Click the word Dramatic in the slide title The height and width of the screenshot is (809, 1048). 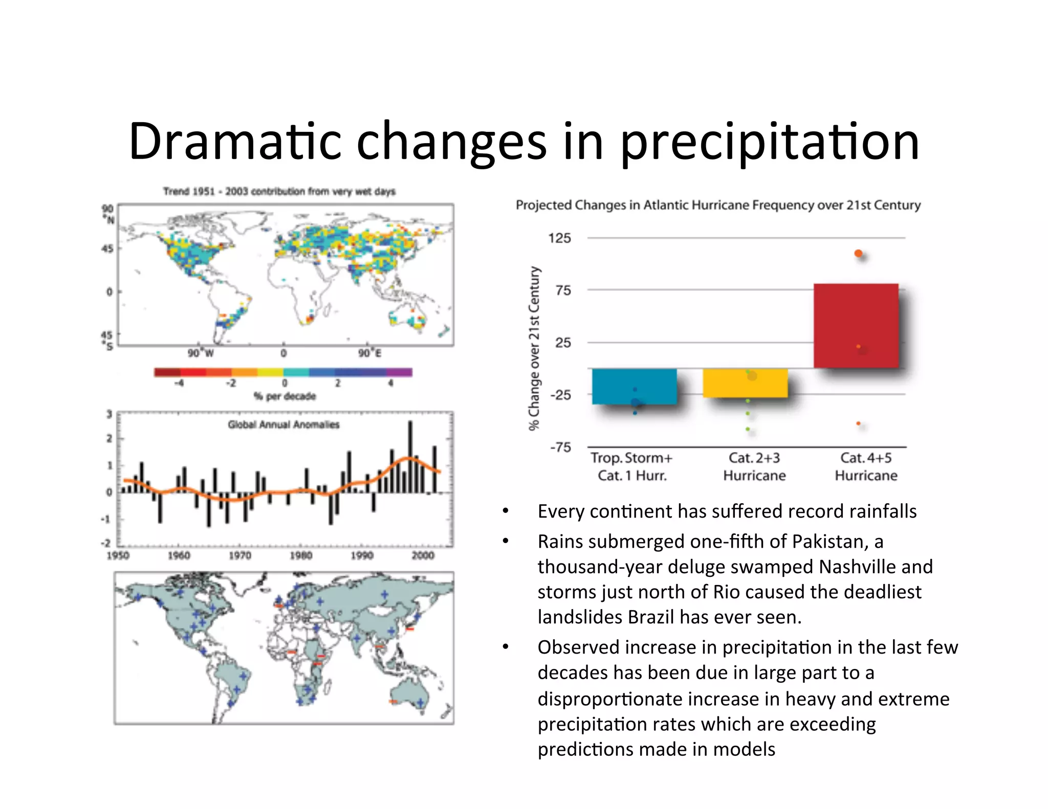coord(235,142)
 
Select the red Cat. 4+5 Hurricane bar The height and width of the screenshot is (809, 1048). coord(856,326)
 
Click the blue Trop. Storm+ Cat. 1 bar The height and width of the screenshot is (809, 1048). coord(634,386)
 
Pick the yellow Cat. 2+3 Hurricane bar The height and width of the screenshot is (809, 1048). coord(745,383)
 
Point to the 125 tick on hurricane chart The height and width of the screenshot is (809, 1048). coord(559,238)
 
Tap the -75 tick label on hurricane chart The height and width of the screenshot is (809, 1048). coord(560,447)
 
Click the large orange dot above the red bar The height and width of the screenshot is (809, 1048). coord(858,254)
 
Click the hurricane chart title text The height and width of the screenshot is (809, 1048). coord(717,205)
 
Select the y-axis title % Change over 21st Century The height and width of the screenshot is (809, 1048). coord(534,348)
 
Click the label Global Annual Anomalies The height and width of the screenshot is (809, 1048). coord(283,424)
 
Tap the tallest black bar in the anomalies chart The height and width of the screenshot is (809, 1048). coord(410,456)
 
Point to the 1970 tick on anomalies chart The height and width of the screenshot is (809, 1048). coord(239,555)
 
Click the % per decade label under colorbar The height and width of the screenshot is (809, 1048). coord(285,396)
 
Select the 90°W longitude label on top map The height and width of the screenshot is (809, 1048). coord(200,353)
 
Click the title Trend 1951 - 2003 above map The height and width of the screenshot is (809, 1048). coord(279,191)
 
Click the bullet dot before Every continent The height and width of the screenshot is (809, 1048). coord(506,511)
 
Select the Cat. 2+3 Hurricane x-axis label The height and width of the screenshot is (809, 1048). coord(754,466)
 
